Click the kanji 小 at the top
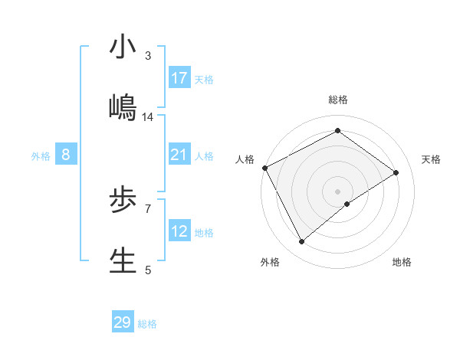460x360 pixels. pos(123,47)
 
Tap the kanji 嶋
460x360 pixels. pos(123,108)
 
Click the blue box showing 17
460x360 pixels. pos(179,78)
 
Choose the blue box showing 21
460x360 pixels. pos(179,155)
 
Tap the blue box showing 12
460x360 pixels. pos(179,231)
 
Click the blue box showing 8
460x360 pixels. pos(66,155)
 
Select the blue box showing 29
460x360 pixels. pos(123,322)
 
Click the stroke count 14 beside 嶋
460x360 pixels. pos(148,116)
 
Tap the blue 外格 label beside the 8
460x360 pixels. pos(41,156)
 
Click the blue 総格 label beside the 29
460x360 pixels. pos(147,324)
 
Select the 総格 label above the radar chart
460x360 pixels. pos(338,100)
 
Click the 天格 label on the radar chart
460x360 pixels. pos(431,159)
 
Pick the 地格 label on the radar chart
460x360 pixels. pos(402,262)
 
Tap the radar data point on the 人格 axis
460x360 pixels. pos(264,168)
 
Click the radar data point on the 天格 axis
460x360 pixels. pos(396,172)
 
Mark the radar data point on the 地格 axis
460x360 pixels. pos(347,204)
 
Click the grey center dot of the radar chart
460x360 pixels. pos(337,191)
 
